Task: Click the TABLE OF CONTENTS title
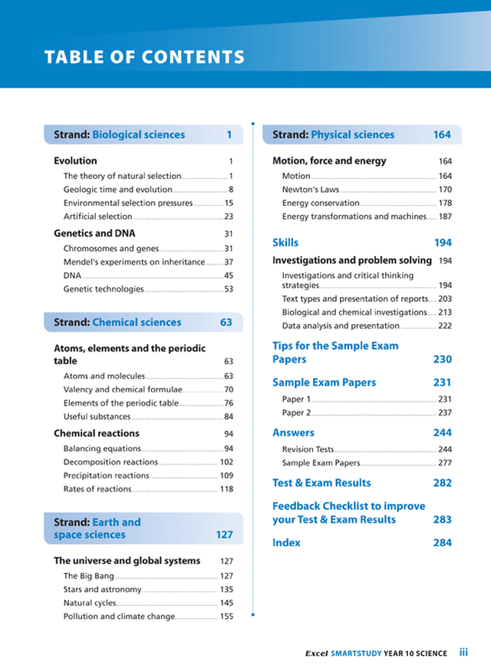click(x=145, y=58)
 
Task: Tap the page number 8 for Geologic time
click(x=230, y=190)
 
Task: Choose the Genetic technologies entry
click(x=104, y=290)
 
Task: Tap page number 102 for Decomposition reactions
click(x=226, y=462)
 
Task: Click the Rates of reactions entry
click(x=97, y=489)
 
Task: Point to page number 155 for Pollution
click(x=226, y=616)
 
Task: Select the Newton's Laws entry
click(x=310, y=190)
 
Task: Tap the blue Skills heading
click(x=285, y=243)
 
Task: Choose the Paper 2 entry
click(x=296, y=412)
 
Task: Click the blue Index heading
click(x=286, y=543)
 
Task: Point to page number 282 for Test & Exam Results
click(x=442, y=483)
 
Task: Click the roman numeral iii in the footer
click(x=463, y=653)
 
